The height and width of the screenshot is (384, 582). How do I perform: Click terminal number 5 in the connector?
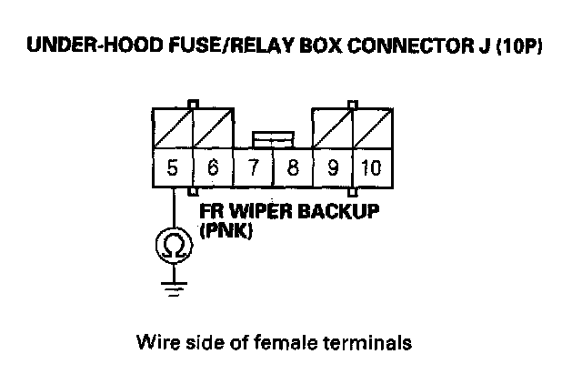click(172, 168)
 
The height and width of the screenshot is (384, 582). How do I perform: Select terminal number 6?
click(213, 168)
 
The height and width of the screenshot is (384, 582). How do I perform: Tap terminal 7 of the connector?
click(253, 168)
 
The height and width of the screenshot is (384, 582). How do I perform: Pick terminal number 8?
click(292, 168)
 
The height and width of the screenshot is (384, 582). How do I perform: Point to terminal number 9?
click(332, 168)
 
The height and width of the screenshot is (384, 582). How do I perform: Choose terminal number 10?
click(370, 168)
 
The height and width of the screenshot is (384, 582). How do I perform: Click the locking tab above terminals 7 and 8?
click(273, 138)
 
